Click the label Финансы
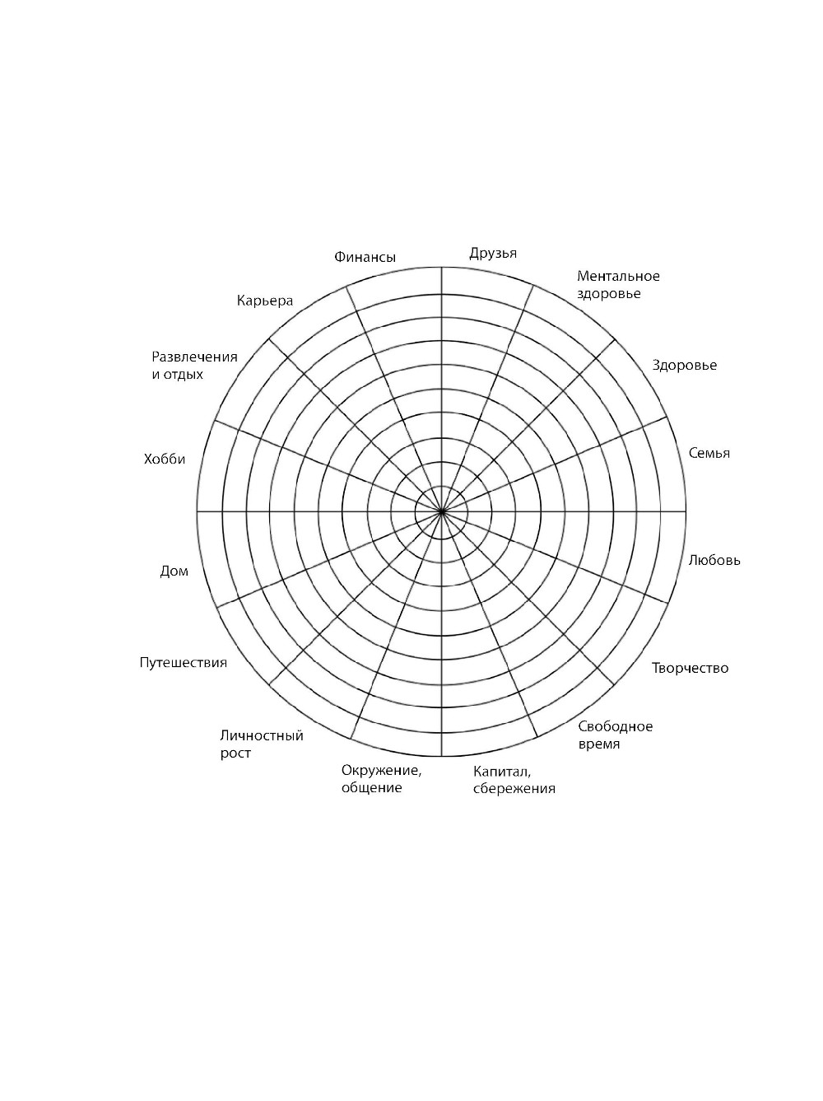click(365, 257)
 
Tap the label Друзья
click(493, 254)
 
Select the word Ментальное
click(618, 276)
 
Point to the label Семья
click(709, 454)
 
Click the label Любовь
click(714, 560)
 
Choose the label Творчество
click(690, 668)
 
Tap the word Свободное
click(615, 727)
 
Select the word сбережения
click(514, 789)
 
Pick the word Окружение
click(381, 771)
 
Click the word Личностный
click(262, 736)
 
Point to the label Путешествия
click(183, 663)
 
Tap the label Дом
click(174, 571)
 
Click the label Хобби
click(165, 459)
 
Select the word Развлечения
click(194, 357)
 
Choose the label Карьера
click(265, 301)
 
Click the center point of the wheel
click(441, 511)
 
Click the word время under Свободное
click(599, 744)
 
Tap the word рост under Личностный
click(235, 753)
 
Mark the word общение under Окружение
click(371, 788)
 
